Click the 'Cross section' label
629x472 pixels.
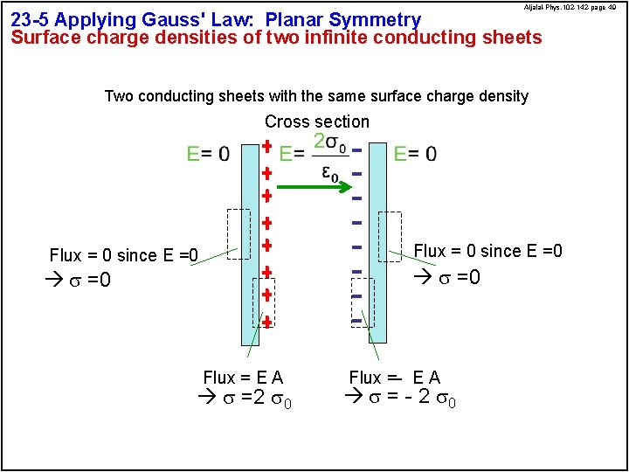(x=317, y=121)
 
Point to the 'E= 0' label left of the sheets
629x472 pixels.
(x=209, y=154)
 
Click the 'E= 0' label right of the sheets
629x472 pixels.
(x=416, y=154)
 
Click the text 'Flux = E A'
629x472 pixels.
(x=243, y=378)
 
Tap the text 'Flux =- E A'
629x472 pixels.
(x=395, y=378)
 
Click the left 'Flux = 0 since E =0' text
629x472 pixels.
(x=124, y=255)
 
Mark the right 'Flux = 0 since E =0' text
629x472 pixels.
(x=488, y=252)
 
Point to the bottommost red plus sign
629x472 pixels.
(x=266, y=323)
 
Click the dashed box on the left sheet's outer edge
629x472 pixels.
(x=238, y=234)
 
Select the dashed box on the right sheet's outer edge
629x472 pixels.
(x=391, y=236)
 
